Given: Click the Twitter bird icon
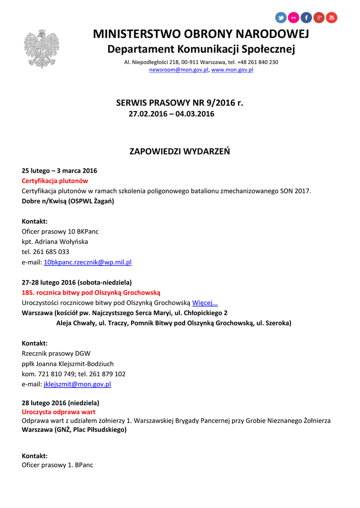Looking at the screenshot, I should (x=281, y=18).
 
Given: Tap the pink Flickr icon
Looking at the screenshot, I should (x=293, y=18).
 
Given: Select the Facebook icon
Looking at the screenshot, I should (x=306, y=18).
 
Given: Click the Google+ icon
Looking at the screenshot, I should (x=319, y=18).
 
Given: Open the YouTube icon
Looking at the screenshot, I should (x=331, y=18).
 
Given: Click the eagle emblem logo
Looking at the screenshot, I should (x=41, y=48).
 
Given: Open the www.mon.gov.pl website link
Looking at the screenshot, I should (x=232, y=70).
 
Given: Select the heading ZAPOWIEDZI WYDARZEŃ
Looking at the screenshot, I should (x=180, y=151).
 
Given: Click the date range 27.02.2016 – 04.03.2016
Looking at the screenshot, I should (x=171, y=114).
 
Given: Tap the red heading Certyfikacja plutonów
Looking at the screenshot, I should (x=55, y=181).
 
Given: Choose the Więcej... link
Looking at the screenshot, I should (x=205, y=303).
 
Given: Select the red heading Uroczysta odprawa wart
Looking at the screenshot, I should (x=59, y=412).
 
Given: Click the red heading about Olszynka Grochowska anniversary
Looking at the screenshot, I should (x=91, y=293).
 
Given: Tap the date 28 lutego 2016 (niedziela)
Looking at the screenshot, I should (x=61, y=403).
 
